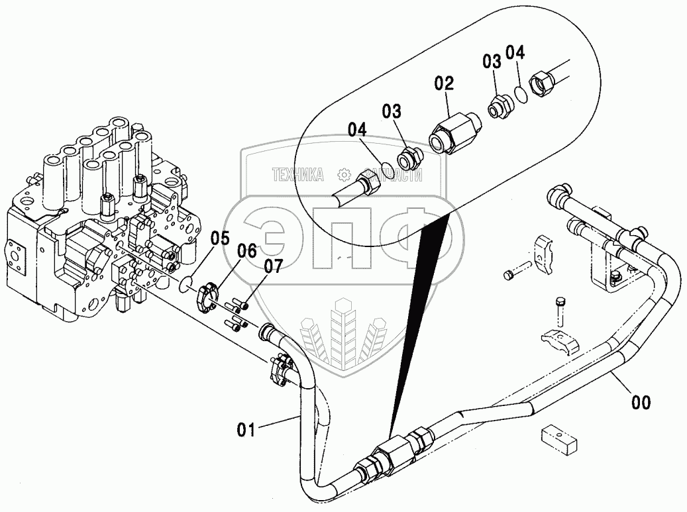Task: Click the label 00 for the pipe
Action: pyautogui.click(x=641, y=401)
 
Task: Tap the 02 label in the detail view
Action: pyautogui.click(x=444, y=83)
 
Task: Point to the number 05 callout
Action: pyautogui.click(x=220, y=237)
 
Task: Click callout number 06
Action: pyautogui.click(x=246, y=250)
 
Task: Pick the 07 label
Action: pyautogui.click(x=272, y=266)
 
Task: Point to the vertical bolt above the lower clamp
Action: pyautogui.click(x=558, y=311)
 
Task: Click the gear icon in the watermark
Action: pyautogui.click(x=343, y=175)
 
